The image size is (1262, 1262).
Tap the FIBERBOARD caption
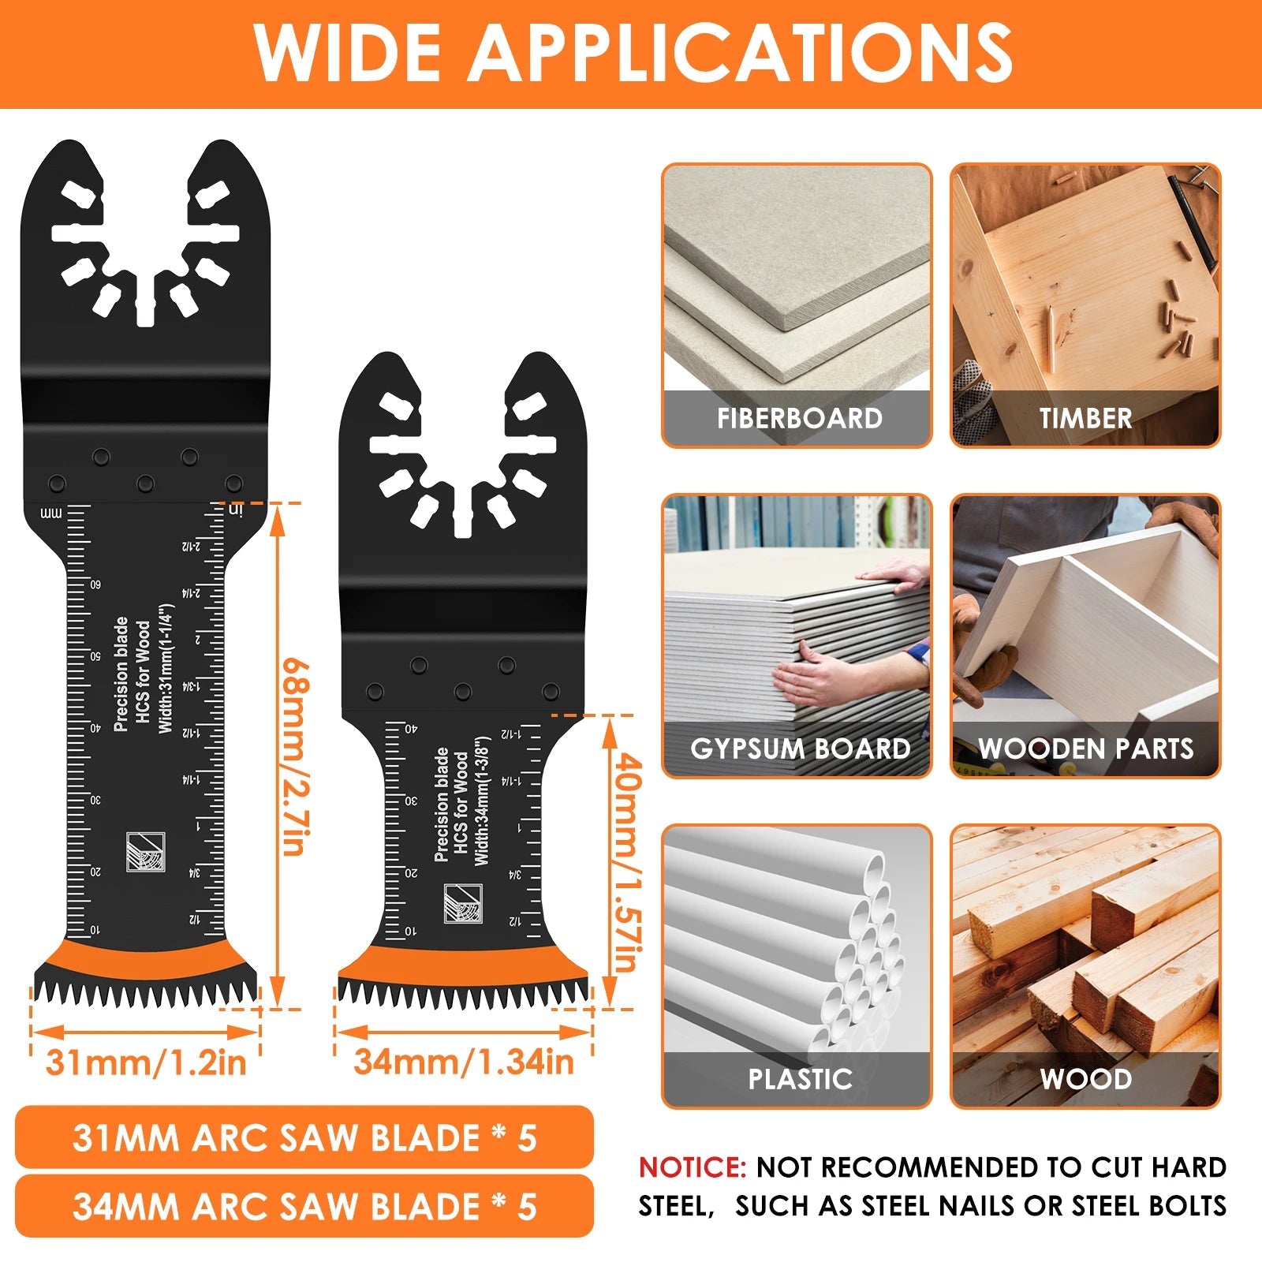tap(799, 418)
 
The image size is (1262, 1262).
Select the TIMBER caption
tap(1085, 418)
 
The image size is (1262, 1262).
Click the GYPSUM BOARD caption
tap(800, 749)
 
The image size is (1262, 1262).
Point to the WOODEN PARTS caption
tap(1086, 749)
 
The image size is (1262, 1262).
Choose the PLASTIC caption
tap(800, 1079)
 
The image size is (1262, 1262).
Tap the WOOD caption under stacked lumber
tap(1086, 1079)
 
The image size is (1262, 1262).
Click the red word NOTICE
tap(692, 1167)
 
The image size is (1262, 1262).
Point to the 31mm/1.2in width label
tap(146, 1062)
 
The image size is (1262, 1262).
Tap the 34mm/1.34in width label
tap(464, 1062)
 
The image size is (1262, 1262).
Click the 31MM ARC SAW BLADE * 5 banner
tap(304, 1137)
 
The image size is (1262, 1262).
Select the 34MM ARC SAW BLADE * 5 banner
tap(304, 1207)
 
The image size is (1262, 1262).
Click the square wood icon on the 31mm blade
tap(146, 853)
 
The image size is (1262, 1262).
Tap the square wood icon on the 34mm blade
tap(463, 904)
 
